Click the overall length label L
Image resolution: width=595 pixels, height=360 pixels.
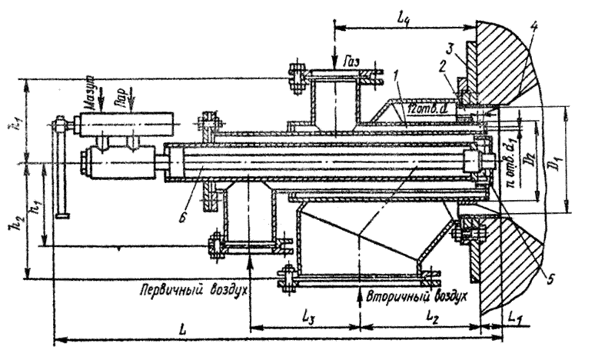[181, 328]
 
